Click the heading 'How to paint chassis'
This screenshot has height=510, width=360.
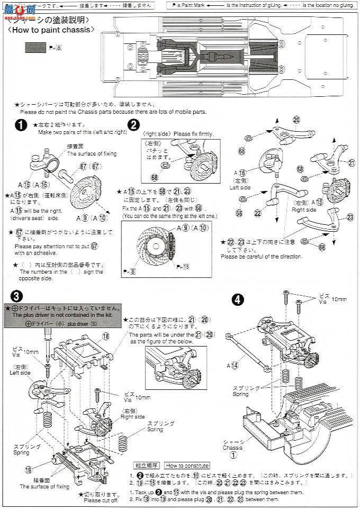pos(52,30)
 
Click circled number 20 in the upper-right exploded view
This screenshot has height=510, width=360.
pos(296,119)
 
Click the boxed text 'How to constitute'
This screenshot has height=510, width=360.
pos(186,466)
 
